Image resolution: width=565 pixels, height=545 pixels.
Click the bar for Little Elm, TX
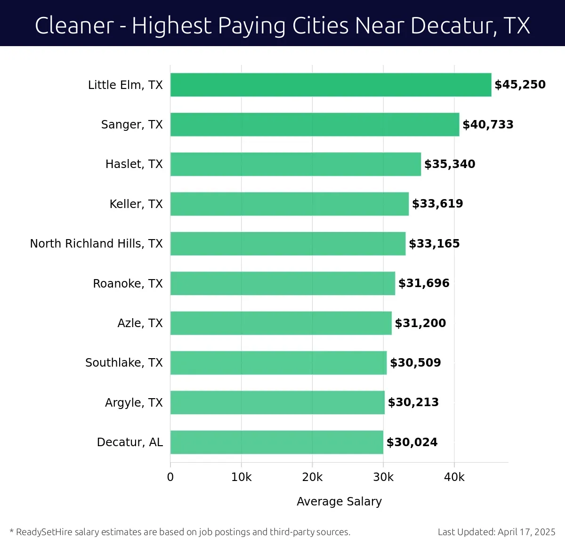(x=331, y=85)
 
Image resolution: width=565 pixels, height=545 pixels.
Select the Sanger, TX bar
(x=315, y=124)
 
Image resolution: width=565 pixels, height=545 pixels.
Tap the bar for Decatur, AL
(x=277, y=442)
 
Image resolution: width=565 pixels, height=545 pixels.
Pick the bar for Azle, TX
(x=281, y=323)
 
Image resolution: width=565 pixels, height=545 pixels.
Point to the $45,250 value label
(x=520, y=85)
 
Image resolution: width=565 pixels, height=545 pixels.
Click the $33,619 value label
(x=437, y=204)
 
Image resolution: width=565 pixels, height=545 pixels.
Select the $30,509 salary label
(x=415, y=362)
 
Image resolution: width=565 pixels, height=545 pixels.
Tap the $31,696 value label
(x=424, y=283)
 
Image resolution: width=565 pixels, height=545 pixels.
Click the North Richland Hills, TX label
(x=96, y=243)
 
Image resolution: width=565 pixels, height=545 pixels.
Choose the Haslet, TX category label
(x=134, y=164)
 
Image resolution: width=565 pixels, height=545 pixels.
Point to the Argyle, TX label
(x=134, y=402)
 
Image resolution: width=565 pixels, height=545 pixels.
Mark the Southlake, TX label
(x=124, y=362)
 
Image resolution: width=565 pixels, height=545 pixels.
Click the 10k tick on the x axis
(x=241, y=477)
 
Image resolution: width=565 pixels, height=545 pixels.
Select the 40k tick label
(x=454, y=477)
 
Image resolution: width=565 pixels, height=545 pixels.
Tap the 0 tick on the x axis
(x=170, y=477)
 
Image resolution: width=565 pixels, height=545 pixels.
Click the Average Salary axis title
(x=339, y=502)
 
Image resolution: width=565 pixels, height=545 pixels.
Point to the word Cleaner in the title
(x=74, y=25)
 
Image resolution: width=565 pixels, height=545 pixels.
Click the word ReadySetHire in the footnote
(x=44, y=532)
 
